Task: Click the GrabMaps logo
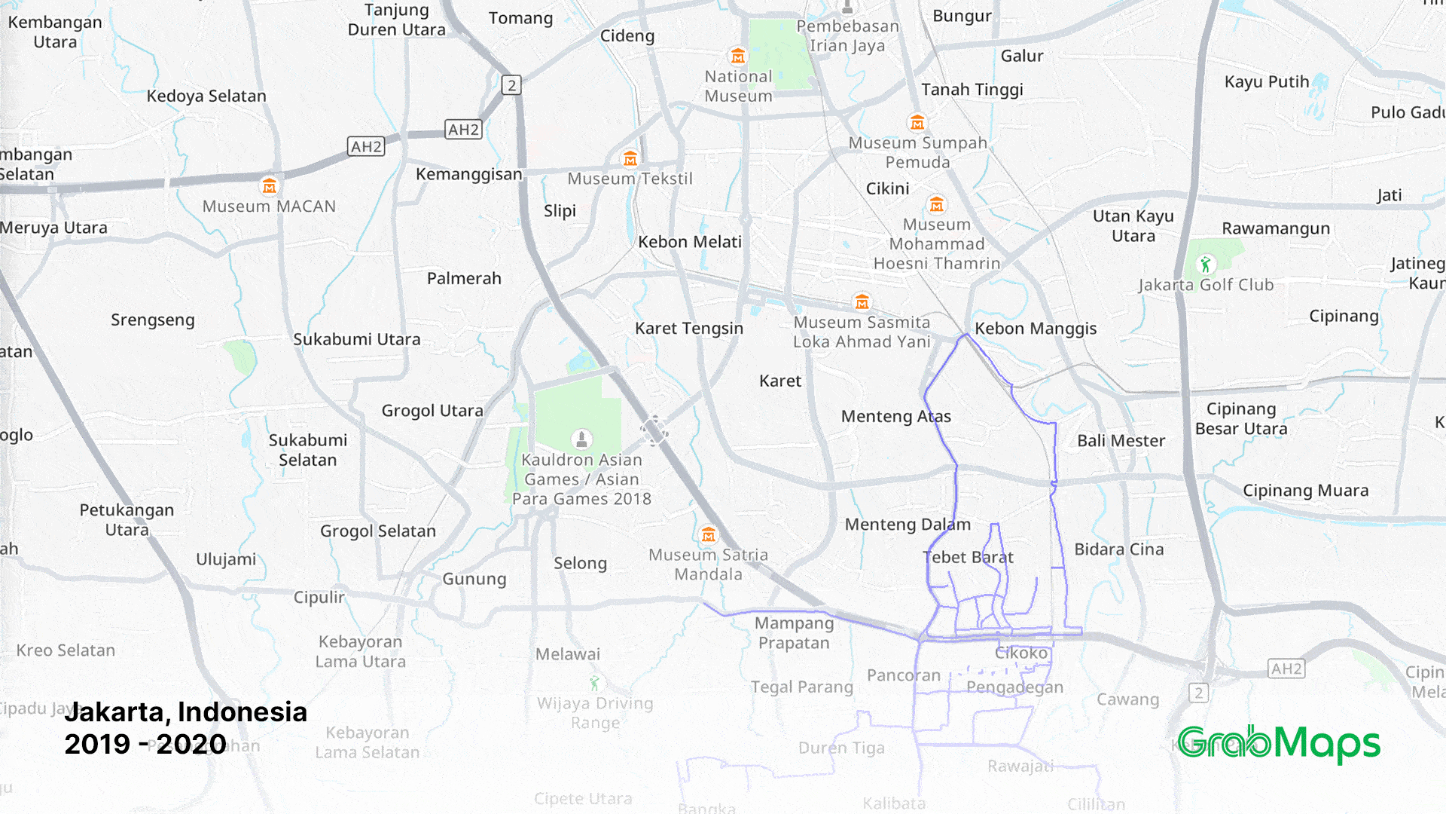click(x=1279, y=743)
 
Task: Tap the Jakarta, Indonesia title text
click(x=186, y=712)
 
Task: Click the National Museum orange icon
click(x=738, y=57)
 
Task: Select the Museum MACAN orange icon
click(x=269, y=186)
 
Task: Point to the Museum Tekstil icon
click(x=630, y=159)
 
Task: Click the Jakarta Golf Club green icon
click(x=1206, y=265)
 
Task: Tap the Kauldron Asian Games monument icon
click(x=581, y=439)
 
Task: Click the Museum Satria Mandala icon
click(x=708, y=535)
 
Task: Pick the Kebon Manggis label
click(x=1036, y=329)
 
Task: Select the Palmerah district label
click(x=464, y=279)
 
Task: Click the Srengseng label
click(x=153, y=320)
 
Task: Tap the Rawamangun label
click(x=1276, y=228)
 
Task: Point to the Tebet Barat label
click(x=968, y=558)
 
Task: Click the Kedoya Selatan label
click(x=206, y=96)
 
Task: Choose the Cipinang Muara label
click(x=1305, y=491)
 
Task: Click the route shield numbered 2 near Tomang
click(x=512, y=85)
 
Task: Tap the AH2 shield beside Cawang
click(x=1286, y=669)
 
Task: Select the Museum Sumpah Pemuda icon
click(x=917, y=123)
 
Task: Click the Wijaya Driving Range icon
click(x=594, y=684)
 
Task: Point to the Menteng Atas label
click(x=895, y=417)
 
